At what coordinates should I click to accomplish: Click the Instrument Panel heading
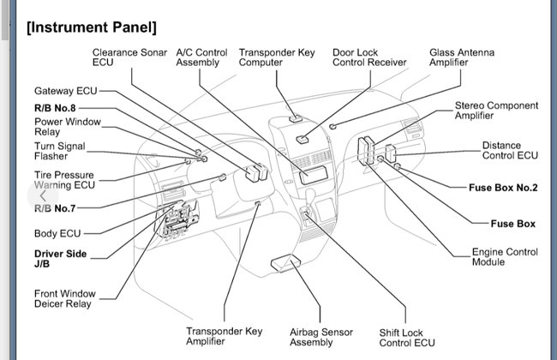pyautogui.click(x=91, y=27)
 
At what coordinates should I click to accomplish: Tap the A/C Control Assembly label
pyautogui.click(x=201, y=57)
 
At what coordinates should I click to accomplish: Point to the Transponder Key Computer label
pyautogui.click(x=277, y=57)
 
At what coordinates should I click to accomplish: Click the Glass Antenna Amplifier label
pyautogui.click(x=461, y=57)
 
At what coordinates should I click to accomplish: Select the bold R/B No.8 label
pyautogui.click(x=55, y=108)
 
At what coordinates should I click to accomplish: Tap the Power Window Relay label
pyautogui.click(x=69, y=128)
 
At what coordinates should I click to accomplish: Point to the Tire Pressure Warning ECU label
pyautogui.click(x=64, y=180)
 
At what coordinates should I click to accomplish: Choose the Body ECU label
pyautogui.click(x=57, y=233)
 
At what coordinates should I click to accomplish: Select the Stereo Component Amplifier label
pyautogui.click(x=496, y=111)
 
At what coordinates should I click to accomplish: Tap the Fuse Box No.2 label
pyautogui.click(x=503, y=187)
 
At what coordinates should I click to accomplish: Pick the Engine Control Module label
pyautogui.click(x=505, y=257)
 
